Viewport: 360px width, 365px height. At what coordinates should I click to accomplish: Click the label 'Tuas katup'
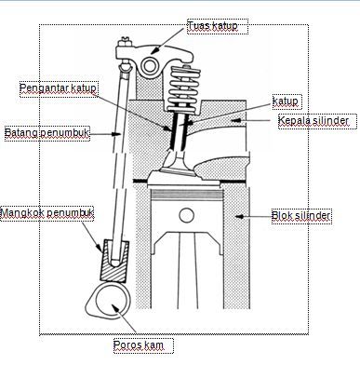click(213, 27)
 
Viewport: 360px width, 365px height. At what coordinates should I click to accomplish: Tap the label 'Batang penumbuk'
click(47, 133)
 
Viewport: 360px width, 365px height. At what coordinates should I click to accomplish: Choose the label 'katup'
click(286, 99)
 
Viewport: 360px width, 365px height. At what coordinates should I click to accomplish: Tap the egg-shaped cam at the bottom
click(110, 301)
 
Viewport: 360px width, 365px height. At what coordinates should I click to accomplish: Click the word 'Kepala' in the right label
click(296, 121)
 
